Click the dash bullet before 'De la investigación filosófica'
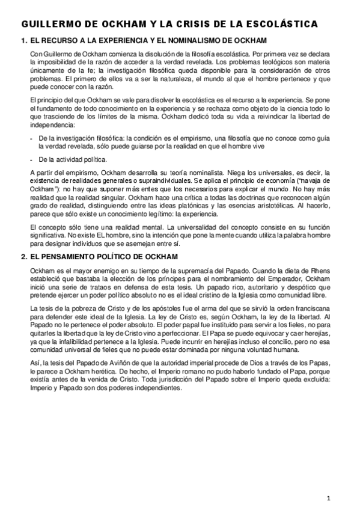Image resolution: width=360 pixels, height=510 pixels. point(31,138)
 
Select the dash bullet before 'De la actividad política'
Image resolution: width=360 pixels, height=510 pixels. point(31,159)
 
